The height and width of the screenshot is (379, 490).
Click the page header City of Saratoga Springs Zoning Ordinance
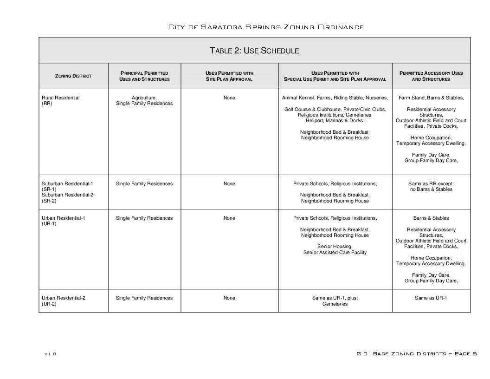tap(266, 27)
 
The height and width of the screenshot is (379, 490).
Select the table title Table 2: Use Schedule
tap(254, 51)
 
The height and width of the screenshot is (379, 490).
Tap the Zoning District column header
tap(73, 76)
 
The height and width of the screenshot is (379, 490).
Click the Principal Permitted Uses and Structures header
tap(144, 76)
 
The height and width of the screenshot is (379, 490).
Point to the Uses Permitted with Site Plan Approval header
tap(229, 76)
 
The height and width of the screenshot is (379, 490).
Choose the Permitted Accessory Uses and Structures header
tap(431, 76)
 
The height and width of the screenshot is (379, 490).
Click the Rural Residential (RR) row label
tap(60, 101)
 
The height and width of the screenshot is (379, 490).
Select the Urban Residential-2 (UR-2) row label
tap(64, 301)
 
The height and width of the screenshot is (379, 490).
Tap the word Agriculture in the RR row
tap(144, 98)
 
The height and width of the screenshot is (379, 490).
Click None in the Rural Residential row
tap(229, 98)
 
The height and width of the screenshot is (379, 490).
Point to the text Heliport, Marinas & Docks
tap(335, 121)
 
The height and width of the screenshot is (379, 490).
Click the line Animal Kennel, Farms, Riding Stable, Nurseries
tap(335, 98)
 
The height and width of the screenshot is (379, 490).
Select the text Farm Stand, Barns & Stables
tap(431, 98)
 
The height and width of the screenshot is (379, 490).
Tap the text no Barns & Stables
tap(431, 189)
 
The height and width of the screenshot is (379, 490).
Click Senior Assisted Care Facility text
tap(335, 253)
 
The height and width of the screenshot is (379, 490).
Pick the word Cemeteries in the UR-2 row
tap(335, 304)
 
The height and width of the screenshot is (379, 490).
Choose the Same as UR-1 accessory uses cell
tap(431, 298)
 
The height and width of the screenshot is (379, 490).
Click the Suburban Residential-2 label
tap(68, 195)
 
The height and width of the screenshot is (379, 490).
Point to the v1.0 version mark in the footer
tap(50, 354)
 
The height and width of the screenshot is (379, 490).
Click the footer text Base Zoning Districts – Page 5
tap(417, 354)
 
